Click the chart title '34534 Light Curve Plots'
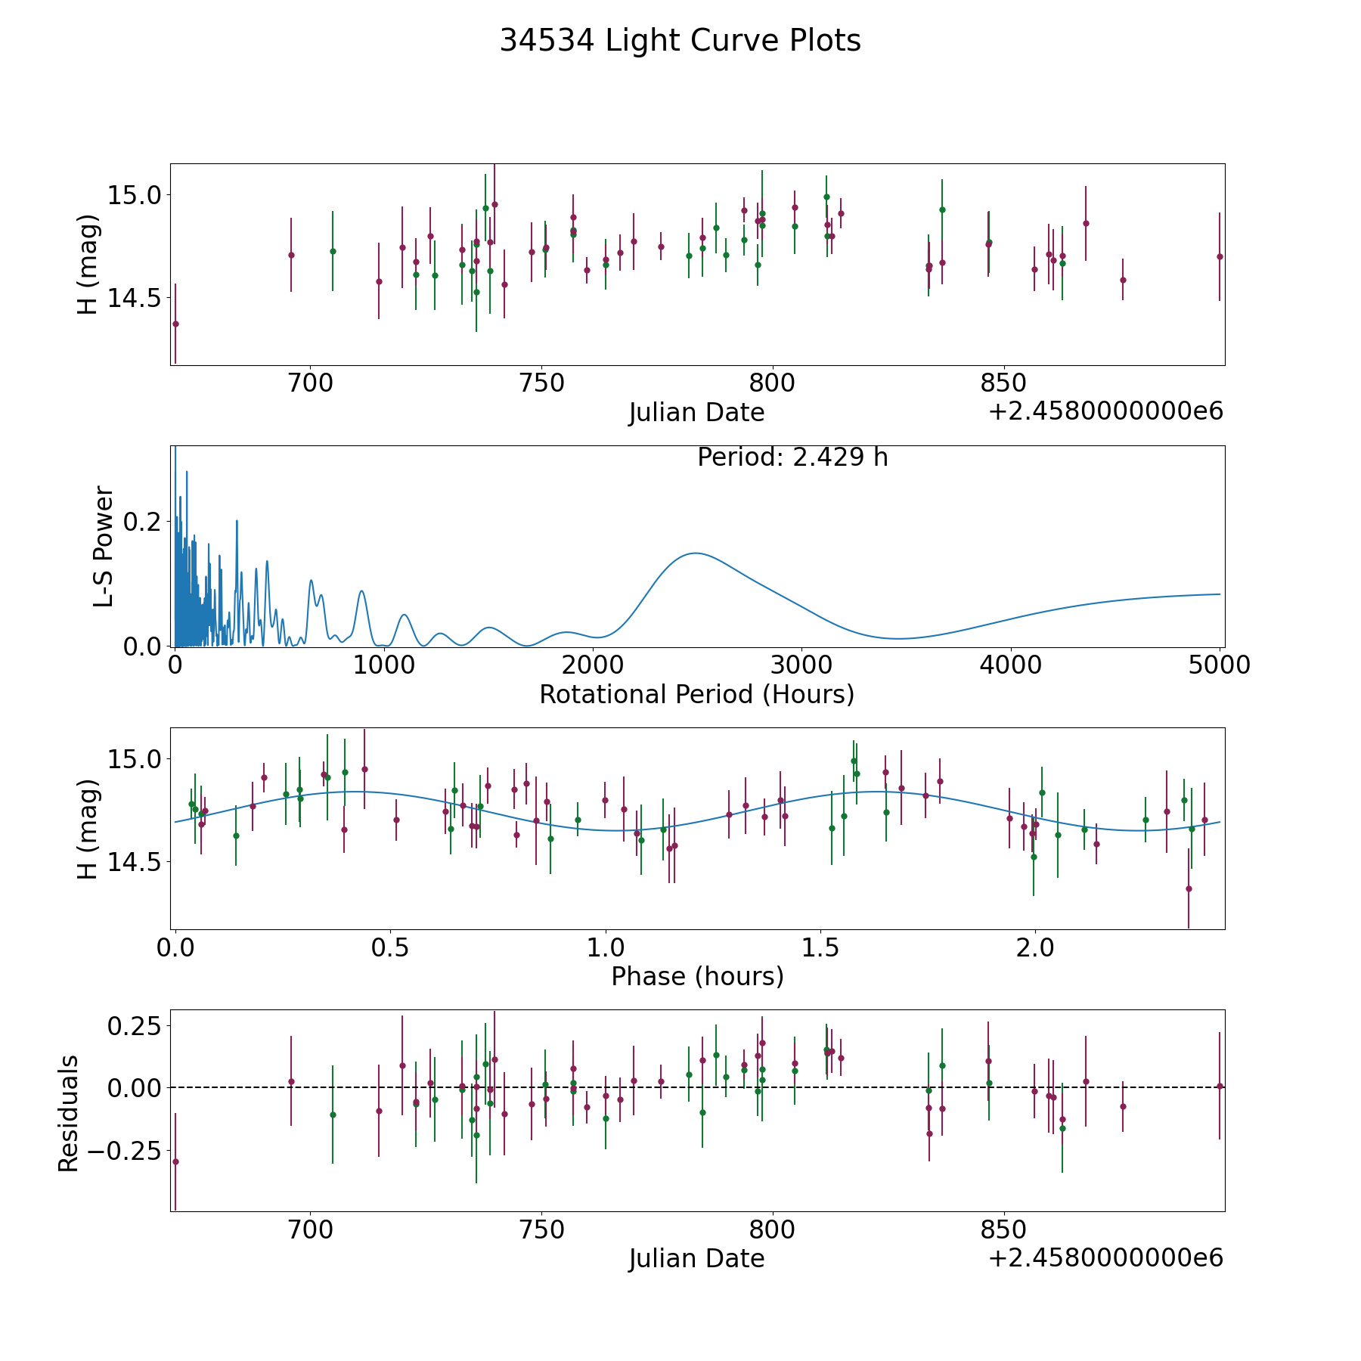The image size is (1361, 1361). click(x=680, y=41)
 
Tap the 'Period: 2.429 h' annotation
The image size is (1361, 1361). click(x=792, y=457)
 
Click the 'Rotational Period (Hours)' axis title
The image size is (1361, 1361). click(x=696, y=694)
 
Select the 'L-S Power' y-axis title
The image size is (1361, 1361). click(x=104, y=547)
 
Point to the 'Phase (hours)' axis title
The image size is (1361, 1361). click(x=697, y=976)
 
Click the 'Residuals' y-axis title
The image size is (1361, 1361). click(x=69, y=1113)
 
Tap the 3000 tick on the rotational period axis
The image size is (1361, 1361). click(x=801, y=665)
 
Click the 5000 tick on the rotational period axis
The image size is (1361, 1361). click(x=1220, y=665)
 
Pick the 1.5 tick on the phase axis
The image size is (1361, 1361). click(x=820, y=947)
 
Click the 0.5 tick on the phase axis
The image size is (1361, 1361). click(x=390, y=947)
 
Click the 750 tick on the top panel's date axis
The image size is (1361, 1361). click(x=542, y=383)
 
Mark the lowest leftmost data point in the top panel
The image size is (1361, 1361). click(x=175, y=324)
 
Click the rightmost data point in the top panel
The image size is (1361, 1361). click(x=1220, y=256)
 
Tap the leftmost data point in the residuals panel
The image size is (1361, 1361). click(x=175, y=1161)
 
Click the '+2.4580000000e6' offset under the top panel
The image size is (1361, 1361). click(x=1105, y=411)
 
